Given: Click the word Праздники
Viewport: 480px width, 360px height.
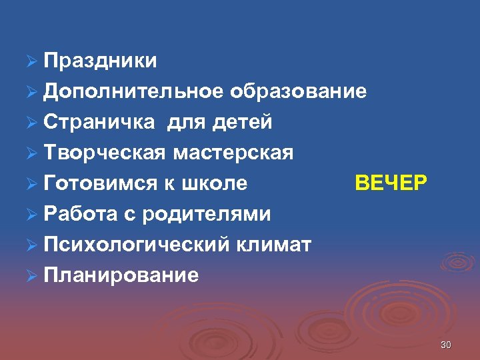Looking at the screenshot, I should [x=101, y=61].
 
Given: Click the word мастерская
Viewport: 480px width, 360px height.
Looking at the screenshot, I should [x=233, y=153].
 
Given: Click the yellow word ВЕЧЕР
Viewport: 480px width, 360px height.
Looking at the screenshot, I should [x=391, y=183].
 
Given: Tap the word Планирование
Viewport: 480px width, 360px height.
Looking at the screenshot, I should [x=121, y=275].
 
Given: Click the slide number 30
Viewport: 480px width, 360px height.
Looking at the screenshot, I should [x=446, y=345].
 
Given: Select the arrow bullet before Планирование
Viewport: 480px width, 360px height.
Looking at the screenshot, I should [x=30, y=276].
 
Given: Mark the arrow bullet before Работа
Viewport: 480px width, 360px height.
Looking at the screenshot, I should [x=30, y=215].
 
